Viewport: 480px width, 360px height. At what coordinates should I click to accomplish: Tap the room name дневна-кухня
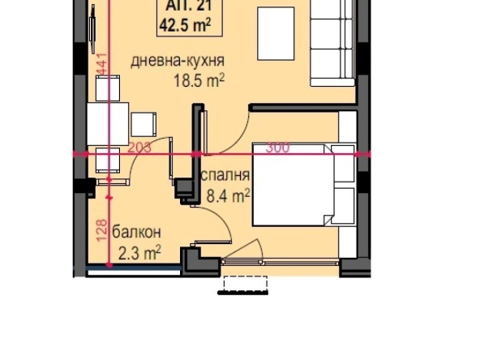pyautogui.click(x=178, y=61)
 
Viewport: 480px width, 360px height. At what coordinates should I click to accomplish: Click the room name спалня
pyautogui.click(x=225, y=176)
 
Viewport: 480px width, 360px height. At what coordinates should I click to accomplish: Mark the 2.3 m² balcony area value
pyautogui.click(x=139, y=253)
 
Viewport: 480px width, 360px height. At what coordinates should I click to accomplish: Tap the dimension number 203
pyautogui.click(x=139, y=147)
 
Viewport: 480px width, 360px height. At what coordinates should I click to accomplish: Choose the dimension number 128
pyautogui.click(x=102, y=232)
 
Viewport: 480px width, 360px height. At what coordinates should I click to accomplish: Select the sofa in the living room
pyautogui.click(x=332, y=41)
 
